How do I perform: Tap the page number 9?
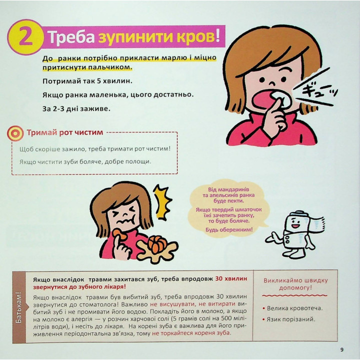341,349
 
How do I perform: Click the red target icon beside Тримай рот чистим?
15,133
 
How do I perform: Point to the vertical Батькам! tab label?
18,306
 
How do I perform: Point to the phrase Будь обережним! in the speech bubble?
228,229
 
